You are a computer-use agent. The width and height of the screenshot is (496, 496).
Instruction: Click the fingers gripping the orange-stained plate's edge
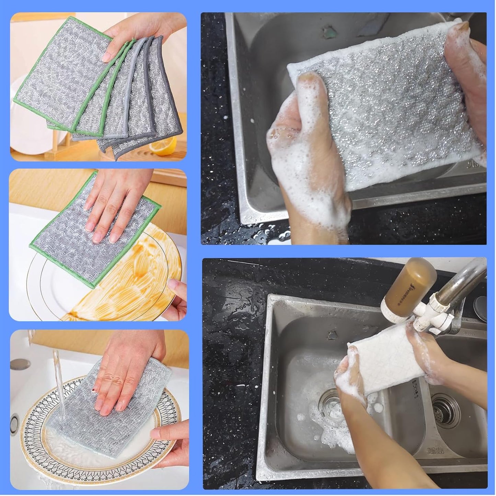(177, 299)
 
